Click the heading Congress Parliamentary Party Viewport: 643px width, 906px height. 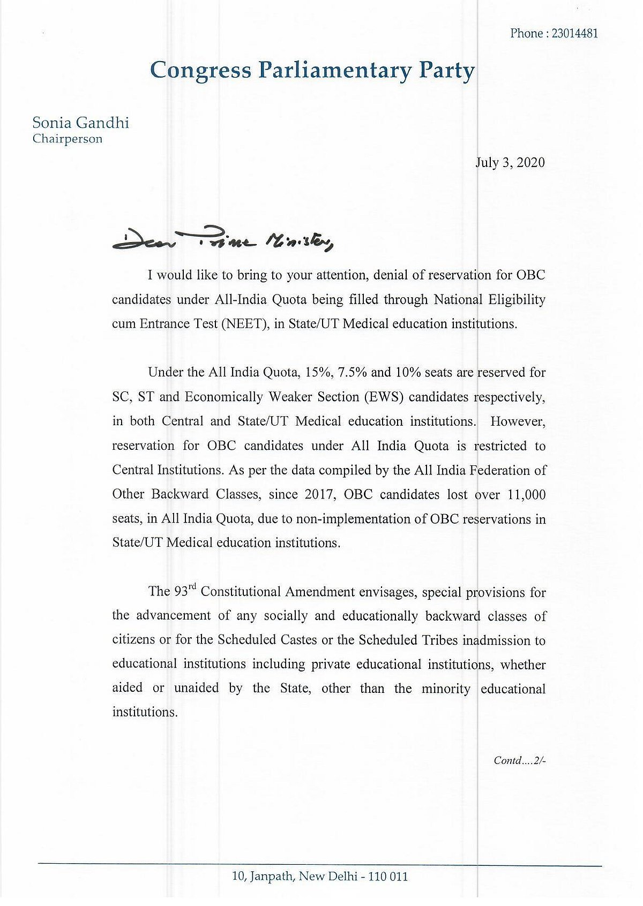(312, 70)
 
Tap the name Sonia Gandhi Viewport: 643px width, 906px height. (80, 123)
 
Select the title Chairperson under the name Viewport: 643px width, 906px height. (67, 139)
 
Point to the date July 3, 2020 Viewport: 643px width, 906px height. (510, 162)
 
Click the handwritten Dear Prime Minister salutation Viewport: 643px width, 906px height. (223, 241)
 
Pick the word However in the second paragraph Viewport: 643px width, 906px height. (518, 421)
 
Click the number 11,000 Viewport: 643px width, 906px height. (526, 494)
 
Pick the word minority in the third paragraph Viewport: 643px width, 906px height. (446, 688)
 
